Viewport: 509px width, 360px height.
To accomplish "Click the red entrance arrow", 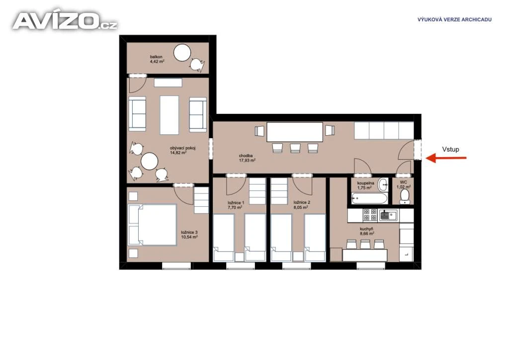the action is click(x=446, y=158).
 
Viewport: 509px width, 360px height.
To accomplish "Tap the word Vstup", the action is click(x=450, y=149).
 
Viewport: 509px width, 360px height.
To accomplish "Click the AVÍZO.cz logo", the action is click(x=65, y=21).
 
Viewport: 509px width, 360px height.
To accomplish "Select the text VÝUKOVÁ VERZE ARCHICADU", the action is click(x=454, y=19).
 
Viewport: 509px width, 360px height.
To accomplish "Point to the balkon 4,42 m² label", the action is click(x=157, y=59).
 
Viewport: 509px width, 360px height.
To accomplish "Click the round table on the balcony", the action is click(x=182, y=53).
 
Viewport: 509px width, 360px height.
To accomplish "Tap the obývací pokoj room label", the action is click(x=182, y=150).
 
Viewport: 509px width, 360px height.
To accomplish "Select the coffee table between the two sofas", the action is click(x=169, y=115).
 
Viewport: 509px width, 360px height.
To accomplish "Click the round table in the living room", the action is click(x=149, y=161).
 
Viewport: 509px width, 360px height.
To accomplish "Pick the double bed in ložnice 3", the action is click(x=152, y=225).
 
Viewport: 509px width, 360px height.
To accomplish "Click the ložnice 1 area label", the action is click(x=236, y=205).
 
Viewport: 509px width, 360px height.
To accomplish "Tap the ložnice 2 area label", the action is click(x=302, y=204).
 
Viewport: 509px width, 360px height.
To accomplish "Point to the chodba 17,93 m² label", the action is click(x=247, y=158).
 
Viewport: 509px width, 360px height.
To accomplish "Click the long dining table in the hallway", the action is click(x=295, y=132).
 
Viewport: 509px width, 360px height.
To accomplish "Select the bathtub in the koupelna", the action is click(x=369, y=198).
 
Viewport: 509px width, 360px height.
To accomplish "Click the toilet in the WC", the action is click(x=405, y=196).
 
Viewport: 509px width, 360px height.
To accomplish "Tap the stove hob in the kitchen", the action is click(x=370, y=215).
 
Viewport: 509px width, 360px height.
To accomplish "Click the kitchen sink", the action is click(x=388, y=215).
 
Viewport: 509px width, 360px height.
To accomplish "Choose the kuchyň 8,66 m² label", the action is click(x=366, y=231).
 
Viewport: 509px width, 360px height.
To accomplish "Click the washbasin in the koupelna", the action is click(x=383, y=184).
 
